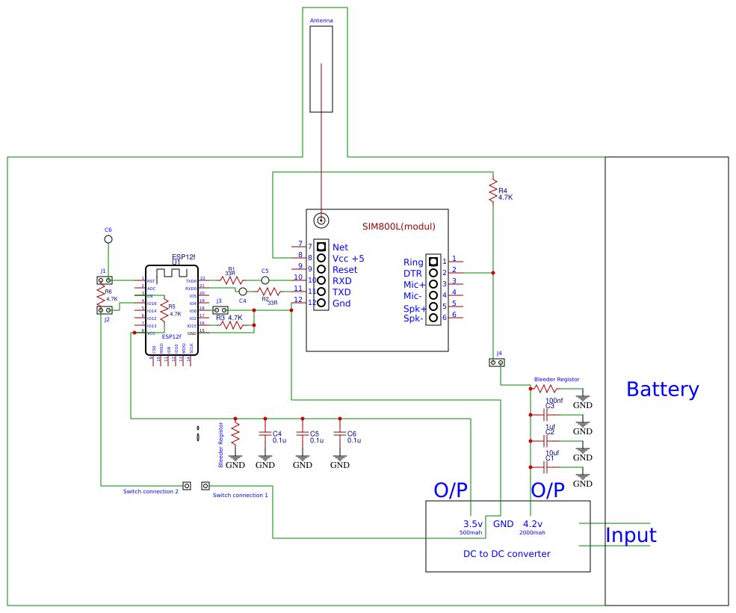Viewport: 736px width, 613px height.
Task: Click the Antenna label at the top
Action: pyautogui.click(x=321, y=20)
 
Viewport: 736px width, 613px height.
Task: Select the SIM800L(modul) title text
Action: pyautogui.click(x=398, y=227)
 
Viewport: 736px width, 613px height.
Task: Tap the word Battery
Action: pyautogui.click(x=662, y=389)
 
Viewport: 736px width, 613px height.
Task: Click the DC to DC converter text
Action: pyautogui.click(x=507, y=554)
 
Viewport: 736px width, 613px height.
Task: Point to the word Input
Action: pyautogui.click(x=631, y=535)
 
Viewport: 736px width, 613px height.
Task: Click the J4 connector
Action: pyautogui.click(x=497, y=363)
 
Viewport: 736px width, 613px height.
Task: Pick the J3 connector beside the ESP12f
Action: pyautogui.click(x=220, y=310)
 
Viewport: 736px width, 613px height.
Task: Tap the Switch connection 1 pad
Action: pyautogui.click(x=205, y=486)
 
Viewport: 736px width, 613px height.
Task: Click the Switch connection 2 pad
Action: pyautogui.click(x=187, y=486)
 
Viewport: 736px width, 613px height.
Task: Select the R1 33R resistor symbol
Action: pyautogui.click(x=231, y=280)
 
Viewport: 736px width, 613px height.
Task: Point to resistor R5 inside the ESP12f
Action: pyautogui.click(x=164, y=310)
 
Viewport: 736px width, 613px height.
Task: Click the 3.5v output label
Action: pyautogui.click(x=472, y=524)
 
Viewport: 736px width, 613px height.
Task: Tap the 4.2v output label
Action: pyautogui.click(x=533, y=524)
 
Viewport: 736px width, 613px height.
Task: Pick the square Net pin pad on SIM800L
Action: pyautogui.click(x=321, y=246)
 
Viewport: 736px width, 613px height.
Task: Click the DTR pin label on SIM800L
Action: pyautogui.click(x=413, y=274)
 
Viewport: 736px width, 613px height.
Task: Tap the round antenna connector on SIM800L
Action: pyautogui.click(x=321, y=220)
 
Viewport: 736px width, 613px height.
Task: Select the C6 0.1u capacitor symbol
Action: pyautogui.click(x=340, y=434)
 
